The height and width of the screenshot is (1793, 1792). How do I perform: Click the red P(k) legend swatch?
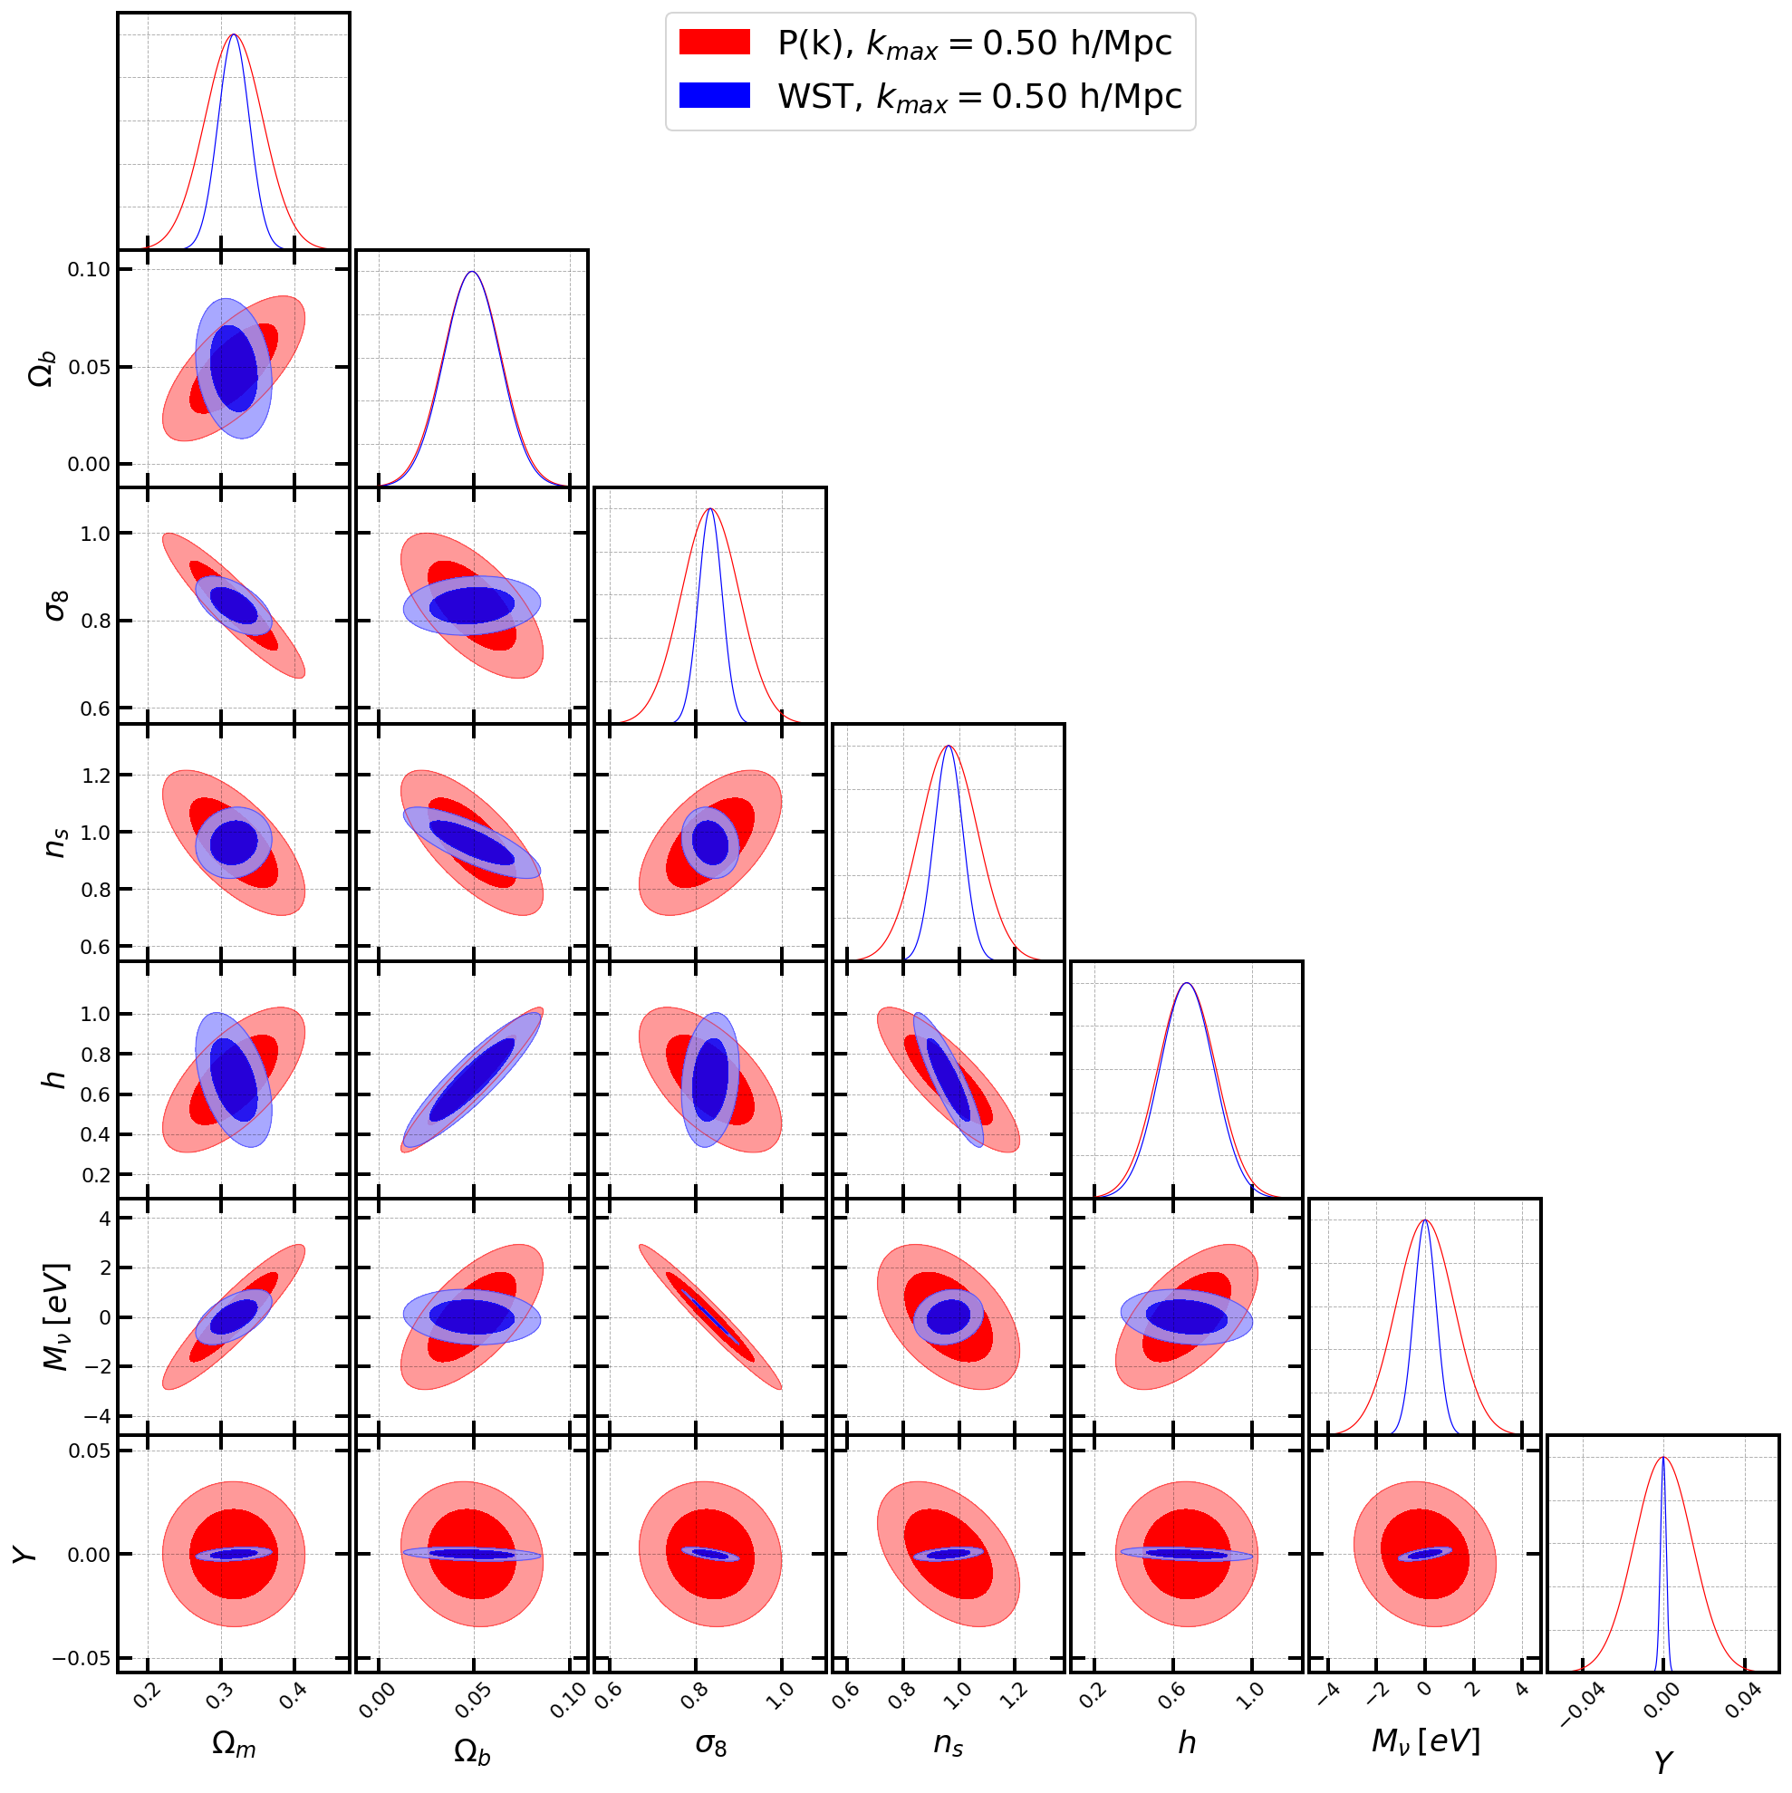pyautogui.click(x=714, y=43)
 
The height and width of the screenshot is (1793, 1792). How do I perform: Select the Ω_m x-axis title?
pyautogui.click(x=234, y=1745)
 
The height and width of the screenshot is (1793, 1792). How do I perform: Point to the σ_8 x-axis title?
pyautogui.click(x=711, y=1745)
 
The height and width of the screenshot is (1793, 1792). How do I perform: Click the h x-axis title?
pyautogui.click(x=1187, y=1743)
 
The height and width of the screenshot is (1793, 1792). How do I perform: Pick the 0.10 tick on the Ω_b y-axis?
pyautogui.click(x=88, y=270)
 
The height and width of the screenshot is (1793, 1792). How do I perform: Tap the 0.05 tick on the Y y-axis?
pyautogui.click(x=88, y=1451)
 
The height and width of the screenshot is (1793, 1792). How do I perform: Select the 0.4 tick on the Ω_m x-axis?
pyautogui.click(x=294, y=1695)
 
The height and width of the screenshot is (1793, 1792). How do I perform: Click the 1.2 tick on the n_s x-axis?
pyautogui.click(x=1016, y=1695)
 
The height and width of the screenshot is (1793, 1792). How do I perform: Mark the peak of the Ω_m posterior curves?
pyautogui.click(x=234, y=35)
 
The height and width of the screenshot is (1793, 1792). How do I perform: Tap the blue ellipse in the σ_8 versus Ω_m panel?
pyautogui.click(x=234, y=606)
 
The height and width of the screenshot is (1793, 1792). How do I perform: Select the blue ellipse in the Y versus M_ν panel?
pyautogui.click(x=1424, y=1554)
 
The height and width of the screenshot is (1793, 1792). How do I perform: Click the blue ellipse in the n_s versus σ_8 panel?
pyautogui.click(x=711, y=843)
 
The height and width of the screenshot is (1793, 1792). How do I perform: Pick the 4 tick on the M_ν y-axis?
pyautogui.click(x=105, y=1219)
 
